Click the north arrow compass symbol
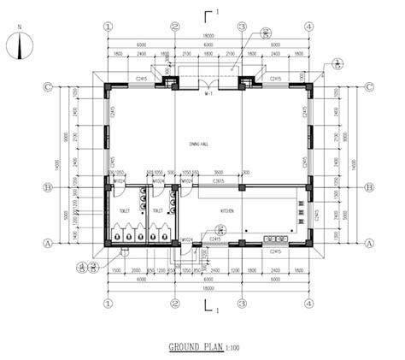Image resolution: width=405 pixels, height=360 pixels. [20, 46]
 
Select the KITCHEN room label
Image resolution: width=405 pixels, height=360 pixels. [228, 210]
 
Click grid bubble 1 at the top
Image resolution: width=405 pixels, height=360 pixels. [108, 26]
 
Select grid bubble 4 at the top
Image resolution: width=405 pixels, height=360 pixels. [308, 26]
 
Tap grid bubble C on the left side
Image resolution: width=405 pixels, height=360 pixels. [50, 87]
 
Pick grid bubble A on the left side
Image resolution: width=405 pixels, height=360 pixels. [50, 244]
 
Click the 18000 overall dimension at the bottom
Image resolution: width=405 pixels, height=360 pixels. [208, 290]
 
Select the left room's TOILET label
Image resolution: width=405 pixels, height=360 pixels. [125, 210]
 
